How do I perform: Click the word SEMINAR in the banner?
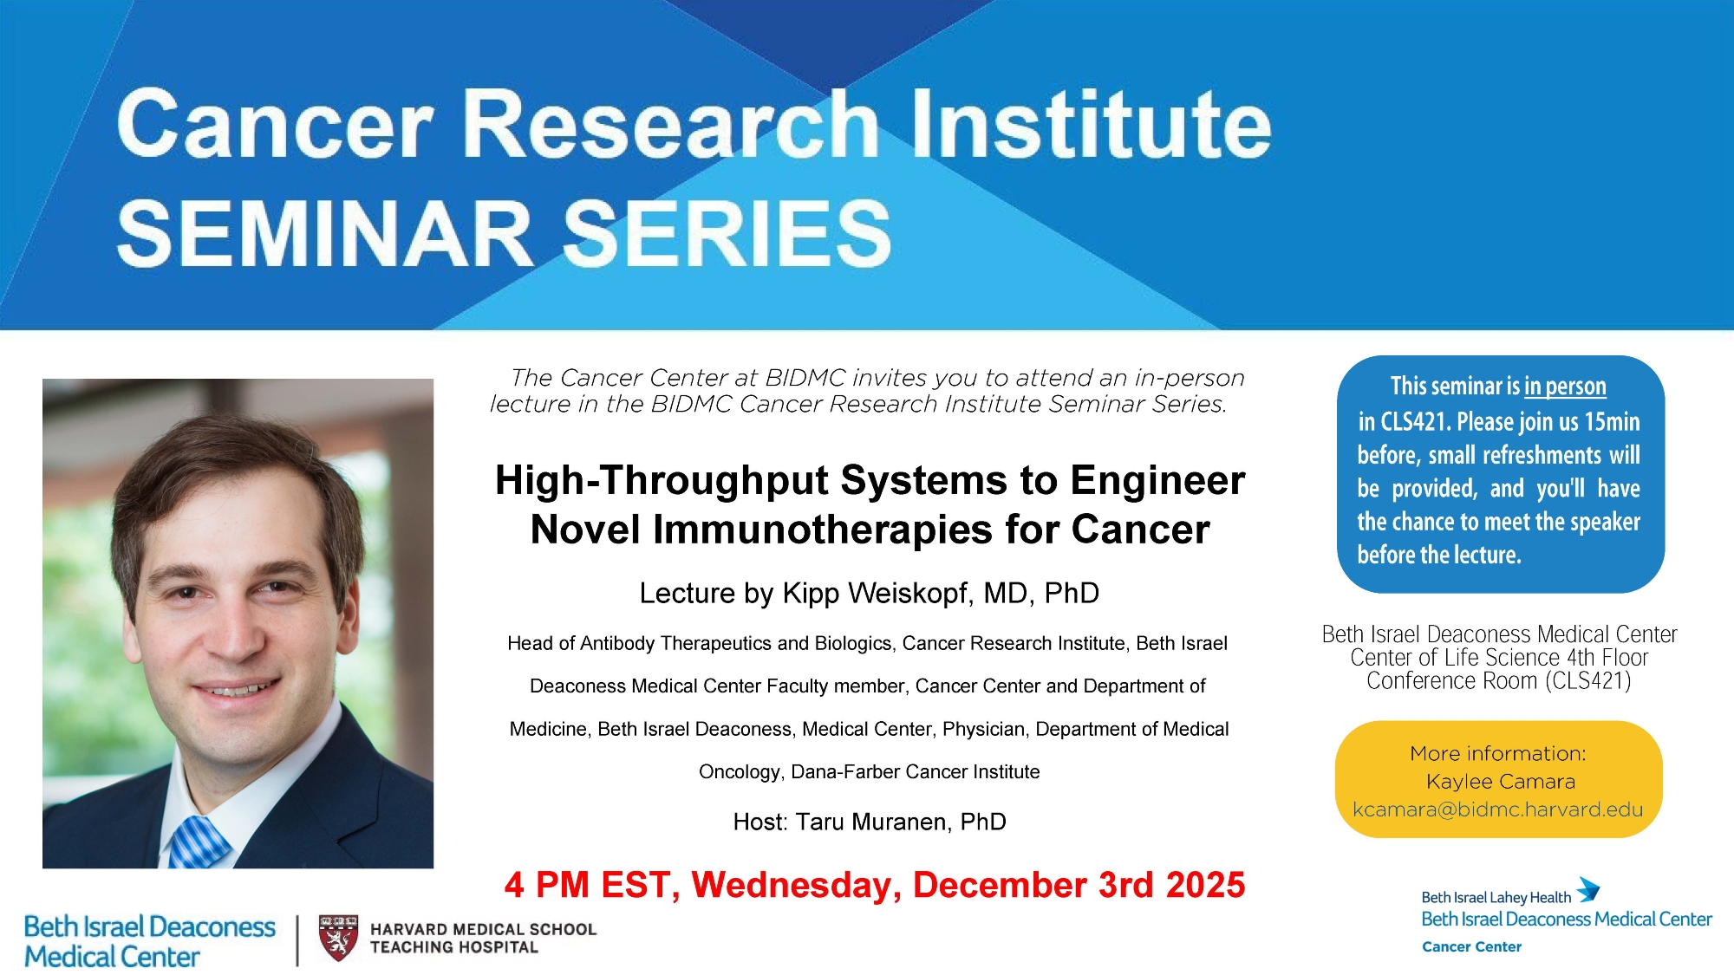[325, 233]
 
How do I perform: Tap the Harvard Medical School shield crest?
[338, 938]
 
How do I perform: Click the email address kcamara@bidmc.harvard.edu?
[1497, 809]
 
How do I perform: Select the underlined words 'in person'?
[1565, 387]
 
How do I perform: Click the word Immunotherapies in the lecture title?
[822, 530]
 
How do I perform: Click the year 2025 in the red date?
[1205, 885]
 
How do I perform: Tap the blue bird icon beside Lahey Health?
[1588, 889]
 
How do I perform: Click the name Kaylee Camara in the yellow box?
[1500, 782]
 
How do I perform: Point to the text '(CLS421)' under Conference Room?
[1588, 681]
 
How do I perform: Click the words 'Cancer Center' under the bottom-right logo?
[1471, 946]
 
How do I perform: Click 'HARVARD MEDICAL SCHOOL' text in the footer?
[484, 929]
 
